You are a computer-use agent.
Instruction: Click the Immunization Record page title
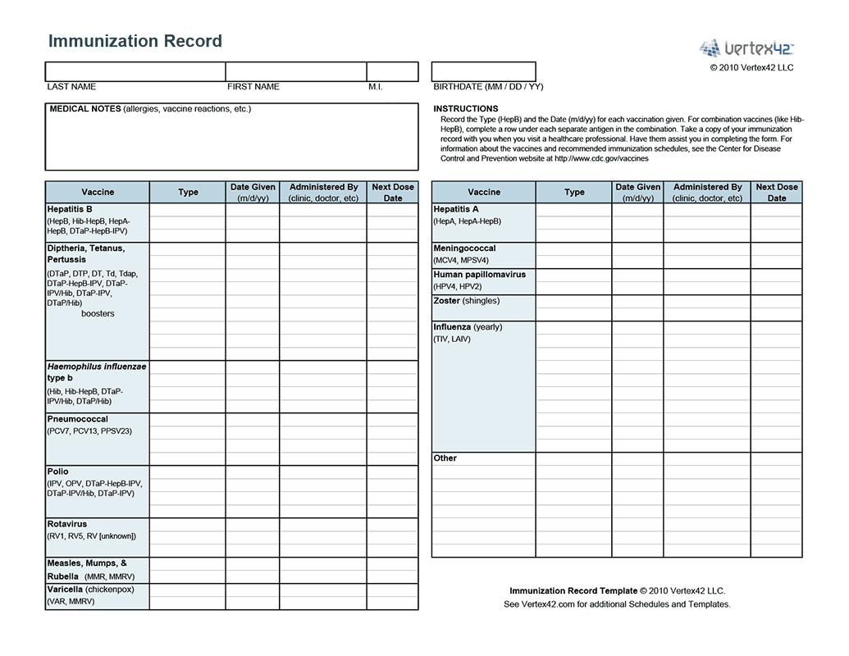click(135, 41)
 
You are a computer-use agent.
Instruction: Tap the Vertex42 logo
click(746, 48)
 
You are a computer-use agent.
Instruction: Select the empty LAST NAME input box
click(135, 71)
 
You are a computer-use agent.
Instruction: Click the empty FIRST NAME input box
click(296, 71)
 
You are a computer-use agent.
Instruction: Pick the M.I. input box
click(391, 71)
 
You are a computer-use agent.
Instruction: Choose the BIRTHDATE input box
click(484, 71)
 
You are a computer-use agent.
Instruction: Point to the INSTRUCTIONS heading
click(466, 109)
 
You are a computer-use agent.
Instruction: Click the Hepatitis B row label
click(70, 209)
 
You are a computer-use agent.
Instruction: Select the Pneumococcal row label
click(78, 419)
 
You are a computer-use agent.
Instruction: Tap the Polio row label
click(58, 471)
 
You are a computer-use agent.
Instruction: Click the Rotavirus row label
click(67, 524)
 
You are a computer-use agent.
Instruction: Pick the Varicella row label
click(66, 590)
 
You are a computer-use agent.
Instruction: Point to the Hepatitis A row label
click(456, 209)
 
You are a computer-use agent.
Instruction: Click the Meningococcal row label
click(465, 248)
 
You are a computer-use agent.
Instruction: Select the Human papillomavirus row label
click(480, 275)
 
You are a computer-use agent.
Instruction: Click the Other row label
click(445, 458)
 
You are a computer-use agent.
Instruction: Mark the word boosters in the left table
click(98, 314)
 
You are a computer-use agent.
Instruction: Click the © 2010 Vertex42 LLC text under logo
click(752, 68)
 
